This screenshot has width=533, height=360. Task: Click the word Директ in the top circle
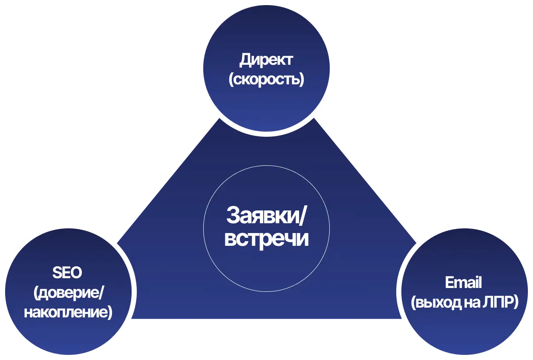[x=266, y=60]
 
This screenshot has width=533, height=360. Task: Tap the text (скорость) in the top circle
[x=266, y=80]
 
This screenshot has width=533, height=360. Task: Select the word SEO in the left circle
[x=67, y=273]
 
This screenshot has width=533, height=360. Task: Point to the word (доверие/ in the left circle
[x=68, y=293]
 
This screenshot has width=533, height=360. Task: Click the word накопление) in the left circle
[x=68, y=312]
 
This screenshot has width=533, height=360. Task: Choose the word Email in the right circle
[x=463, y=282]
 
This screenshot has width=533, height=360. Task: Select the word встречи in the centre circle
[x=266, y=239]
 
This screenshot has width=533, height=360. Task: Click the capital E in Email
[x=449, y=282]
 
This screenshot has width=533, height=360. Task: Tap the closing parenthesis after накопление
[x=110, y=312]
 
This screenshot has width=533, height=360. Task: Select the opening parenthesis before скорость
[x=231, y=80]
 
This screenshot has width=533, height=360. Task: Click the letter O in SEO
[x=76, y=273]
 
